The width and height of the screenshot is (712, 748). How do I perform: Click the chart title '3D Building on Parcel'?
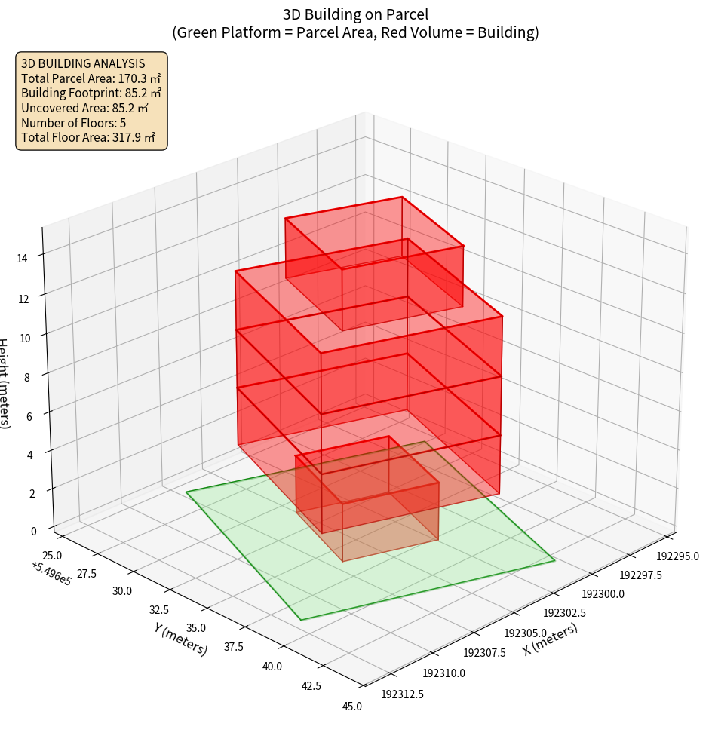coord(355,14)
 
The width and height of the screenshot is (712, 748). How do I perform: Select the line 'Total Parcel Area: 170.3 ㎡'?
coord(91,78)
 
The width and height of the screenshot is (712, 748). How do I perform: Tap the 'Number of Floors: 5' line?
coord(74,123)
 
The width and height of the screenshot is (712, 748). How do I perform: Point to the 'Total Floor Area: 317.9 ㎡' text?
coord(88,138)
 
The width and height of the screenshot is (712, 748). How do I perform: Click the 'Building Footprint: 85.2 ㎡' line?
coord(91,93)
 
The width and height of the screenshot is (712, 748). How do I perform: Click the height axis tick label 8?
coord(27,377)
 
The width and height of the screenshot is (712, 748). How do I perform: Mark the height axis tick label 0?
coord(33,531)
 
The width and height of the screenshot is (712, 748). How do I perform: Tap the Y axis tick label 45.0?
coord(352,707)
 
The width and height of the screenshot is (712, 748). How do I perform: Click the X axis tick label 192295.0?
coord(677,556)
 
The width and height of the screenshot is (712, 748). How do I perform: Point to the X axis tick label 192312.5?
coord(403,694)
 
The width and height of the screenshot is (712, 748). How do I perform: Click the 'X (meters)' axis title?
coord(551,639)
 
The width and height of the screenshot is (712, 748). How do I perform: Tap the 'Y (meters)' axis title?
coord(181,639)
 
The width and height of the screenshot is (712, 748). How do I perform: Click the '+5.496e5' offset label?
coord(51,574)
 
